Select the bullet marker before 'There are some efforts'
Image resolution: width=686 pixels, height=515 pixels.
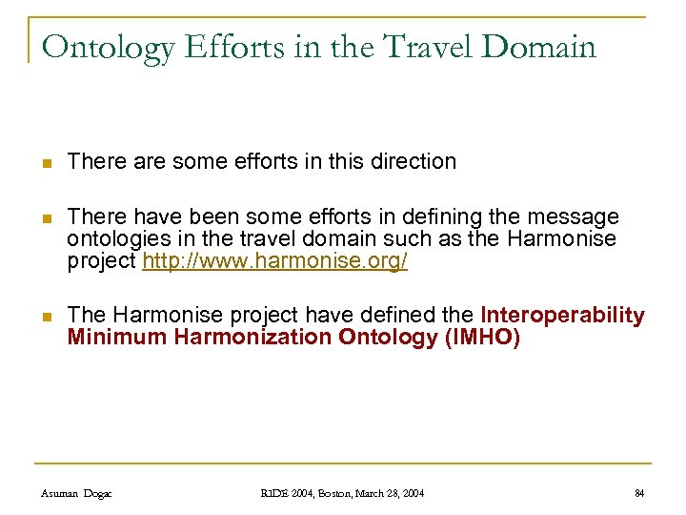pos(46,162)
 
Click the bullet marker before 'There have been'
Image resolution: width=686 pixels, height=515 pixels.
pos(46,218)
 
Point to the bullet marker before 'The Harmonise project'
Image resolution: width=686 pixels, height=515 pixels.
pos(46,316)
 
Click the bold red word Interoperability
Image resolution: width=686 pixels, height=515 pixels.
pos(562,315)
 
